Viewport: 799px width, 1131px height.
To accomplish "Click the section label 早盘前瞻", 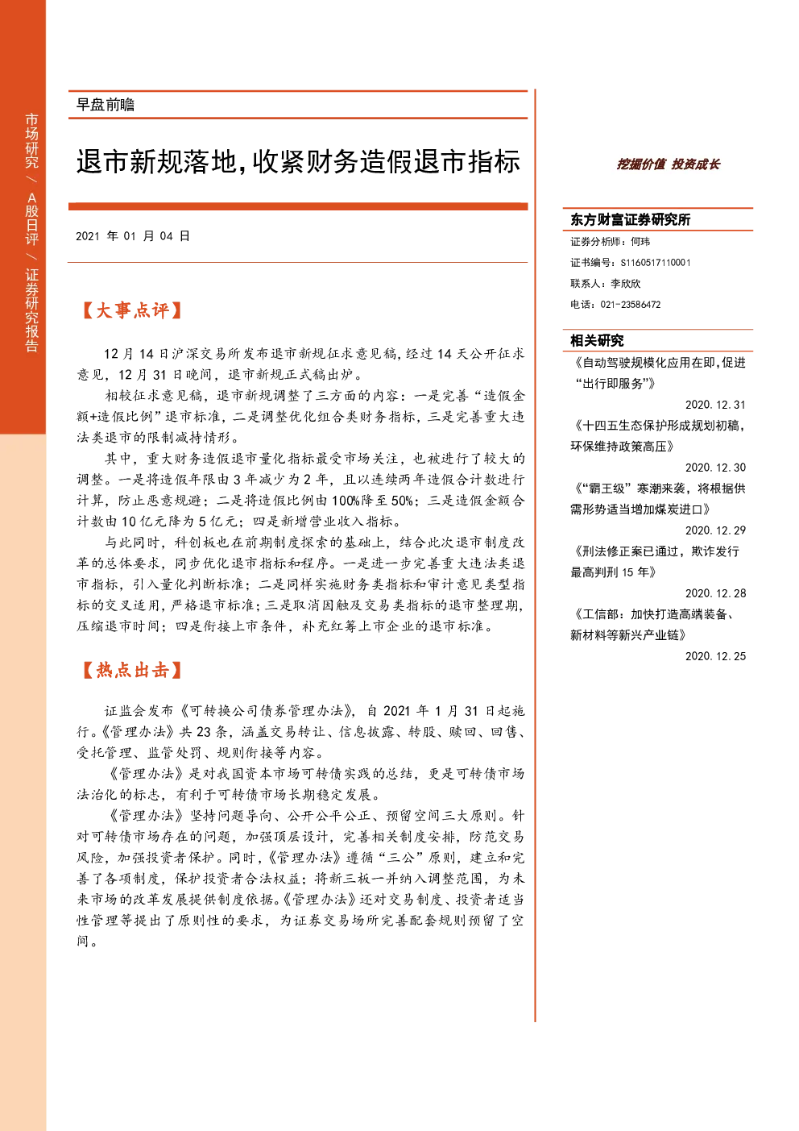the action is (x=106, y=105).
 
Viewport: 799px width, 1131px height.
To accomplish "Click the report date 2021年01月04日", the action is (x=133, y=236).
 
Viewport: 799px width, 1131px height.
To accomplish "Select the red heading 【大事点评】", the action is (x=131, y=310).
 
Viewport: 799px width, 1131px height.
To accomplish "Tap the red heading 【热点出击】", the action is (x=131, y=670).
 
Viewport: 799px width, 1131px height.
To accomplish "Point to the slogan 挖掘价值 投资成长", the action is (x=668, y=164).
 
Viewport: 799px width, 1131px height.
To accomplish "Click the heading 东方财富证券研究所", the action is (x=630, y=219).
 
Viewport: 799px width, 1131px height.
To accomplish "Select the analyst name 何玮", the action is (x=640, y=242).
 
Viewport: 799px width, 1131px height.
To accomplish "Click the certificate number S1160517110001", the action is (x=656, y=263).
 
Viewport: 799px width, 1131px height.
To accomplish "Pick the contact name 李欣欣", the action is (x=626, y=284).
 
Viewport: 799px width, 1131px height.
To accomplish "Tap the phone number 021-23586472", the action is (x=631, y=305).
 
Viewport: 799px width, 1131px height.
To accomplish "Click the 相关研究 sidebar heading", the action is (x=597, y=341).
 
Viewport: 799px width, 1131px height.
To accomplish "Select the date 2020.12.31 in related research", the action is (x=715, y=405).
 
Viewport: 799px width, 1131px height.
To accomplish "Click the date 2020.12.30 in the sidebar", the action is (x=715, y=468).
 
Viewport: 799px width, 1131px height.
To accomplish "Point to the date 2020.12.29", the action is (x=715, y=530).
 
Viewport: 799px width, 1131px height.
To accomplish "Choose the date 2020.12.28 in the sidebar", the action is (x=715, y=593).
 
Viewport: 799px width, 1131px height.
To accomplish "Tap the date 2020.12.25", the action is (x=715, y=656).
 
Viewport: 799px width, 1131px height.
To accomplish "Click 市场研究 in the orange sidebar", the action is (x=31, y=140).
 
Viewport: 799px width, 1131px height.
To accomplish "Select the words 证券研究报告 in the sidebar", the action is (x=31, y=310).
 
